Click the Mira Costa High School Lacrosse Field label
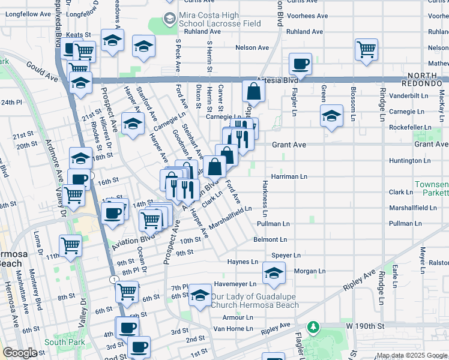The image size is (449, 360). (x=218, y=19)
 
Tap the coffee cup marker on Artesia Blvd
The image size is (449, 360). (x=300, y=63)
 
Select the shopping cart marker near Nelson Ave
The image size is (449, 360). (x=366, y=49)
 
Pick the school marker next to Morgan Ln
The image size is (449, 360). (x=274, y=273)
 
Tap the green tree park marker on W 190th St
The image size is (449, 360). (x=313, y=327)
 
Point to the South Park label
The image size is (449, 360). (x=59, y=343)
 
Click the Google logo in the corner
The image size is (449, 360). (x=19, y=353)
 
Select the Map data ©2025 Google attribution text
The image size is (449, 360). (x=411, y=355)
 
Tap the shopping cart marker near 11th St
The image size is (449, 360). (x=70, y=245)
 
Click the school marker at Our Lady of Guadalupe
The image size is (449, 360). (x=200, y=295)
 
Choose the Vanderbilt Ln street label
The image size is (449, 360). (x=426, y=95)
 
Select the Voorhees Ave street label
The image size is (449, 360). (x=307, y=16)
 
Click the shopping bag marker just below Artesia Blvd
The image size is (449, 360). (x=254, y=91)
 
